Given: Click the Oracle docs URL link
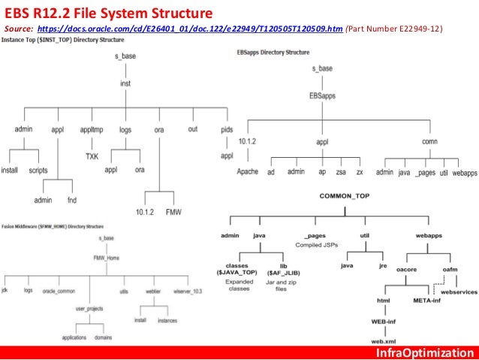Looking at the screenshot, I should click(192, 29).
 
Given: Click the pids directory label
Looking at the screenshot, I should click(227, 130).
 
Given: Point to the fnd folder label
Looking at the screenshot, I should click(72, 200).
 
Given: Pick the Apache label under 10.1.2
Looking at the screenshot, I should click(247, 172).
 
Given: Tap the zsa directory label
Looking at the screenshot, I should click(342, 172).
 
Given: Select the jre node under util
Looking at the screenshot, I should click(383, 265).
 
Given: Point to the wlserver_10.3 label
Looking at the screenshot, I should click(188, 289).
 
